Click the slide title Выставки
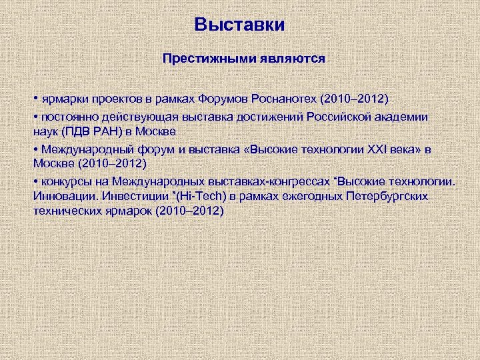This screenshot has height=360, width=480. pos(239,25)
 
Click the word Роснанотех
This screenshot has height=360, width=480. pos(284,99)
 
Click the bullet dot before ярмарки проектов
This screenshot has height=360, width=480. pos(35,99)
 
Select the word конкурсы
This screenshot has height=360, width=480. pos(65,181)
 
